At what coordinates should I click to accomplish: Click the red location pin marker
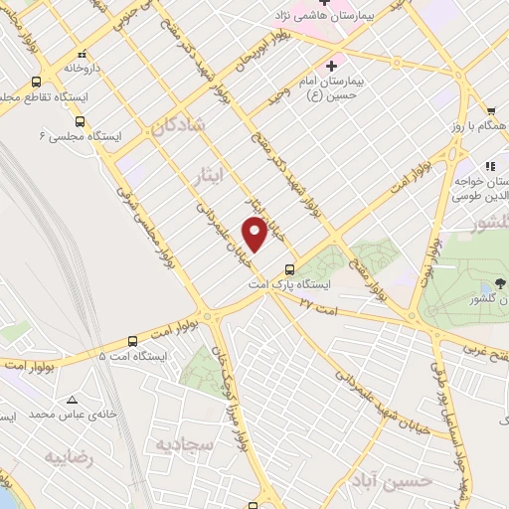(x=255, y=234)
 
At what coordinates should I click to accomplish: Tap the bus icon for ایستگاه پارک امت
(x=289, y=268)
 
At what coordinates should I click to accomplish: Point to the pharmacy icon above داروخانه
(x=83, y=54)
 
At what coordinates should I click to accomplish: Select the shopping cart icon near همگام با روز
(x=491, y=111)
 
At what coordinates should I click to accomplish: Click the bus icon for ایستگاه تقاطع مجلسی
(x=37, y=83)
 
